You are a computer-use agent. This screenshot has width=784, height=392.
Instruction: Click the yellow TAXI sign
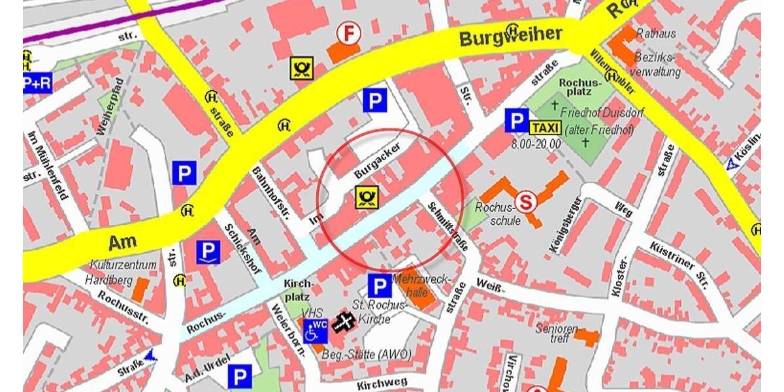(x=545, y=127)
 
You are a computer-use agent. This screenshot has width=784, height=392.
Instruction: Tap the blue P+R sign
(x=37, y=83)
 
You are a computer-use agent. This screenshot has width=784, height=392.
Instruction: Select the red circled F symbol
(x=348, y=33)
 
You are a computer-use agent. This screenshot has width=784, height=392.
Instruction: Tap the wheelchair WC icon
(x=315, y=329)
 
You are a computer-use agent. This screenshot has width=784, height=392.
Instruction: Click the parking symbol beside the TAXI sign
(x=516, y=121)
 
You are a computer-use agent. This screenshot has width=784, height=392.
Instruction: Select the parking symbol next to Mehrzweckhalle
(x=380, y=286)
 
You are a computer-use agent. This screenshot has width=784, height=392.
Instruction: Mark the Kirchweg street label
(x=383, y=382)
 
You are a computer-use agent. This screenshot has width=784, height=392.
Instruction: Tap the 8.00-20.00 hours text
(x=537, y=143)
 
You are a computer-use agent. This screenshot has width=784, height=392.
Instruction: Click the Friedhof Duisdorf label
(x=601, y=113)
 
